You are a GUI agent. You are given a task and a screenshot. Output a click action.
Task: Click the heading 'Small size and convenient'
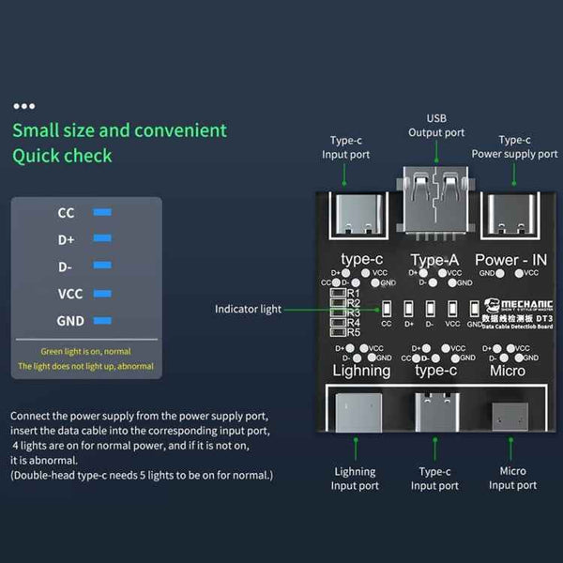coord(119,130)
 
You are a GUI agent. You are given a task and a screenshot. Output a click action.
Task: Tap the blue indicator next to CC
coord(103,212)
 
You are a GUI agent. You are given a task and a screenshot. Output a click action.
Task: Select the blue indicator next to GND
coord(103,321)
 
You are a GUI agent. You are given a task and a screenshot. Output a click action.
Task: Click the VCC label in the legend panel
coord(70,294)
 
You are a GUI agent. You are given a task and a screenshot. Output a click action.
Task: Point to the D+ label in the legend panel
coord(66,239)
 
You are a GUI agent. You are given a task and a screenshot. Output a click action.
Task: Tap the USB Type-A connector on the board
coord(436,198)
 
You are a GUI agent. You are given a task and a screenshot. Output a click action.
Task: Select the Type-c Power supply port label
coord(514,147)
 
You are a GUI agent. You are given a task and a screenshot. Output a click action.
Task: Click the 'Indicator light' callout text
coord(248,309)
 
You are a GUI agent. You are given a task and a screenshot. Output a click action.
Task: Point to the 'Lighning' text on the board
coord(361,370)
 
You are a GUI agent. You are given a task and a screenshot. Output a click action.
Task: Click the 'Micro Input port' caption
coord(512,479)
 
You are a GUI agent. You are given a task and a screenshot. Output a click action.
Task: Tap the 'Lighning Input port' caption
coord(355,479)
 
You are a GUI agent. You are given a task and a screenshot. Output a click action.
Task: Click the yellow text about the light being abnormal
coord(86,366)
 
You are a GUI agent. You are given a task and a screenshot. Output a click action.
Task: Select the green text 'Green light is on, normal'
coord(86,350)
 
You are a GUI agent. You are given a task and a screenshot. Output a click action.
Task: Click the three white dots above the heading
coord(24,107)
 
